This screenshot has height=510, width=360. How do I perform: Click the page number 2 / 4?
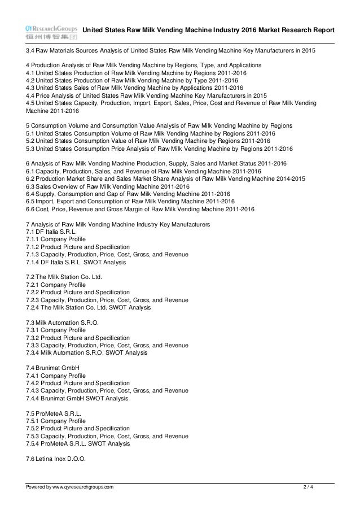click(308, 486)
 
